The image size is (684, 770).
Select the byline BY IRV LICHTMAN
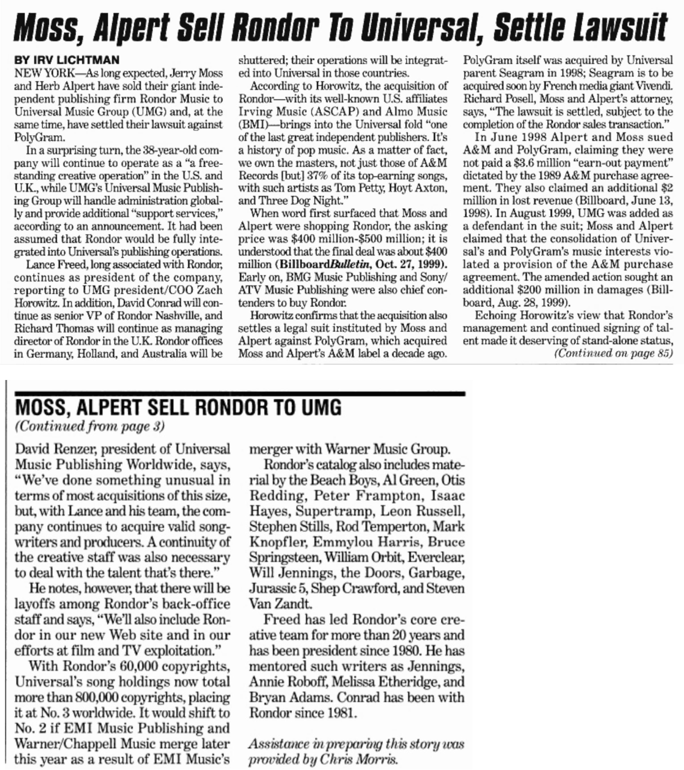pos(67,60)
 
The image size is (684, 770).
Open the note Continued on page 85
pos(613,353)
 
